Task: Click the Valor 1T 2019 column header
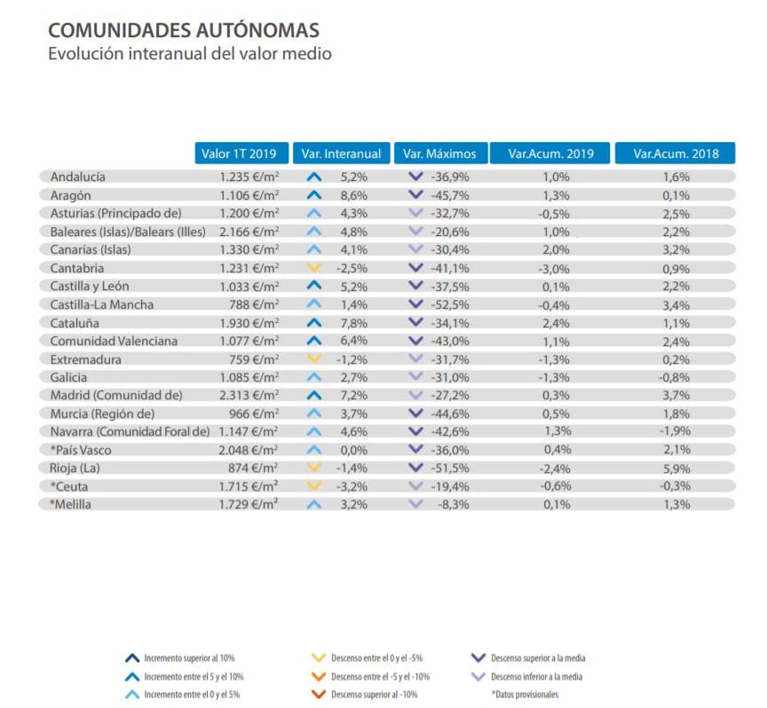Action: (241, 153)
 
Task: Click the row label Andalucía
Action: (79, 177)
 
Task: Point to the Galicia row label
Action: (69, 378)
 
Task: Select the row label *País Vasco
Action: (81, 451)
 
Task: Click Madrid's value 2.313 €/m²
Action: (250, 396)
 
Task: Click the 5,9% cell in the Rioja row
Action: (676, 468)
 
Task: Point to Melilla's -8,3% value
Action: (455, 505)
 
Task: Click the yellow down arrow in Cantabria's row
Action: (313, 268)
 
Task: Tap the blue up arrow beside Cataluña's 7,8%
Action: (313, 323)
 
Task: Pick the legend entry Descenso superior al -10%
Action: (382, 694)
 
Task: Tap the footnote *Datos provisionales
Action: (525, 694)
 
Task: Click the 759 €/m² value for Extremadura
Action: (257, 359)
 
